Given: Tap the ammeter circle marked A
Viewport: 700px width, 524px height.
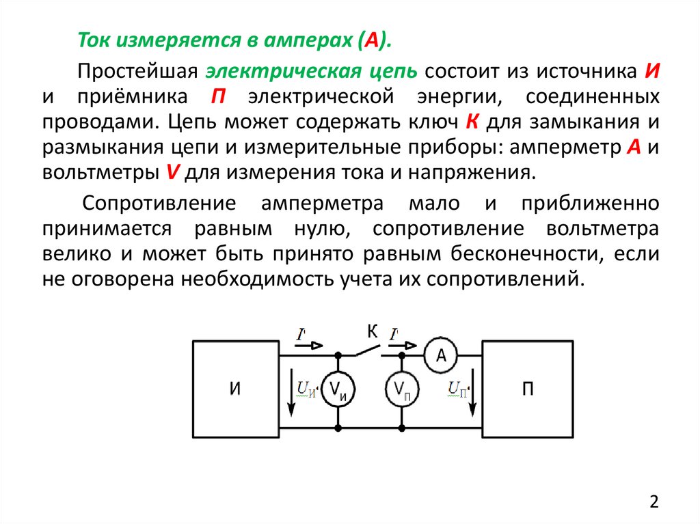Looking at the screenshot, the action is click(x=441, y=355).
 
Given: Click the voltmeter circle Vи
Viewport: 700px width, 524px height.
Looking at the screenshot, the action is click(x=338, y=391).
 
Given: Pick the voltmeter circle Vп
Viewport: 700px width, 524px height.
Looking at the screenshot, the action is click(x=401, y=391).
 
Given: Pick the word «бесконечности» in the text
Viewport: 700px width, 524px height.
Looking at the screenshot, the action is click(x=522, y=253).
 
